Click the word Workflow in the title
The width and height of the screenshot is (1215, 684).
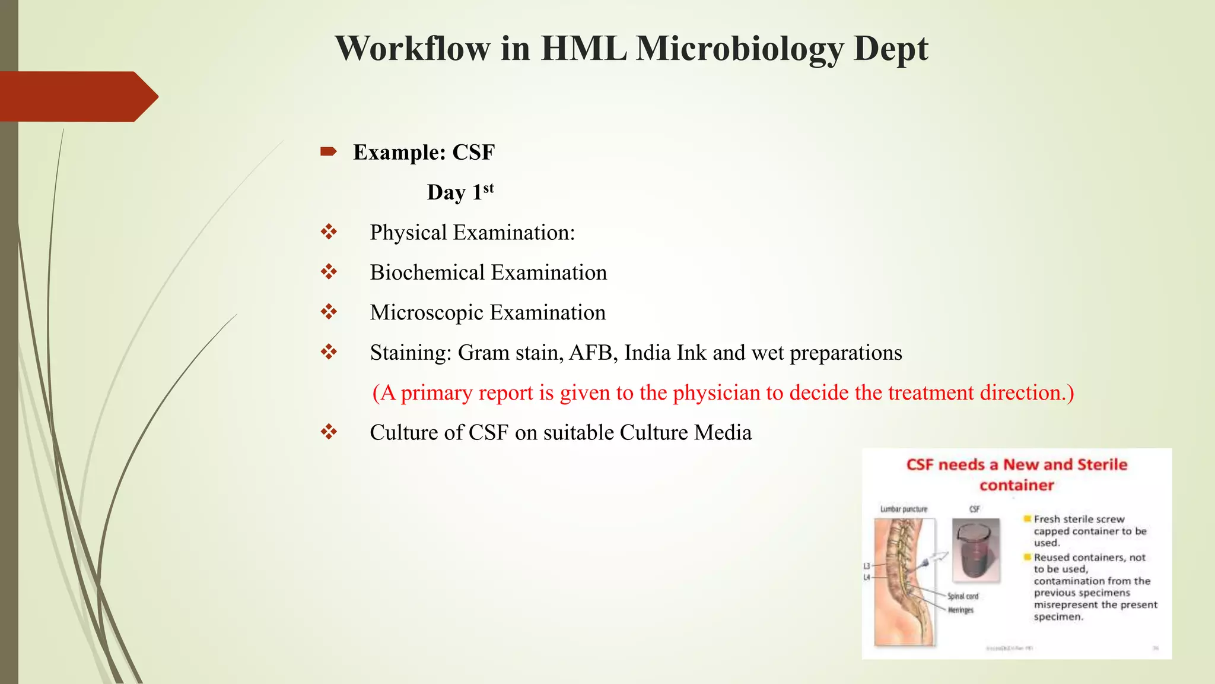tap(413, 49)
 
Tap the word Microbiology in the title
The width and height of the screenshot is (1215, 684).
tap(739, 49)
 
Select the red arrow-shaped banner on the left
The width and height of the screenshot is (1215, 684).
tap(77, 96)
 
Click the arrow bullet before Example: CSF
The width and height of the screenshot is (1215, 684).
tap(328, 152)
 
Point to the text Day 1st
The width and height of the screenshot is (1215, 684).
tap(460, 192)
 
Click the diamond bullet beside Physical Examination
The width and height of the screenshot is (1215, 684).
tap(329, 232)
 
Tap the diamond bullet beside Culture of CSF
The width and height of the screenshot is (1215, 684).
tap(329, 432)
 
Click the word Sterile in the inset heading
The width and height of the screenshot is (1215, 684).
tap(1102, 464)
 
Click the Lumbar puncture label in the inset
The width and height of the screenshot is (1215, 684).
tap(904, 509)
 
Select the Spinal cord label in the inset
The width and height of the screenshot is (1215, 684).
tap(963, 596)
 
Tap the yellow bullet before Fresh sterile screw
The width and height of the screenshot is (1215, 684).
tap(1027, 519)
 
